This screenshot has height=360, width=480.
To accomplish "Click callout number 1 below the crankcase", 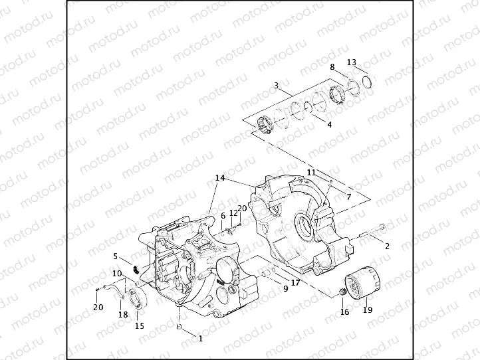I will [x=199, y=338].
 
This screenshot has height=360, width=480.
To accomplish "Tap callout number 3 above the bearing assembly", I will [x=276, y=85].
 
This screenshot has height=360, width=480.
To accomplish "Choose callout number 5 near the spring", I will [x=116, y=256].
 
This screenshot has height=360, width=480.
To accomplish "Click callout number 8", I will [x=332, y=67].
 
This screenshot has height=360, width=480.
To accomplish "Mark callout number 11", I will [x=311, y=173].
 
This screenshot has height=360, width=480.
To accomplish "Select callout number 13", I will [x=352, y=62].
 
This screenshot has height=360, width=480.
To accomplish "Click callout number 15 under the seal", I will [x=139, y=325].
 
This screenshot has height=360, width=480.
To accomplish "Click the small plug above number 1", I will [x=179, y=327].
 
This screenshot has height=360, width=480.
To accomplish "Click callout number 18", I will [x=122, y=314].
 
